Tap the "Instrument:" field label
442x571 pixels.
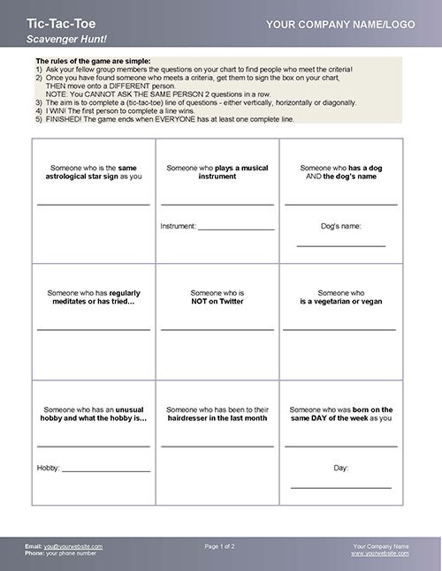click(178, 227)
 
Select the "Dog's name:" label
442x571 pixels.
click(340, 226)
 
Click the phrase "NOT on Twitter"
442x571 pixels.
click(217, 301)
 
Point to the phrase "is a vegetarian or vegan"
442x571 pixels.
click(340, 301)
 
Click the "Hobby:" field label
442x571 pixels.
click(48, 466)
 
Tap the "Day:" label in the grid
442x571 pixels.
click(340, 467)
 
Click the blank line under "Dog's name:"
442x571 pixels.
click(340, 245)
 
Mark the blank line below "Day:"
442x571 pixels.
click(340, 487)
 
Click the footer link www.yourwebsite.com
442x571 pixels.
click(380, 553)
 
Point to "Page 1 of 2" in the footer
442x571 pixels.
click(220, 546)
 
